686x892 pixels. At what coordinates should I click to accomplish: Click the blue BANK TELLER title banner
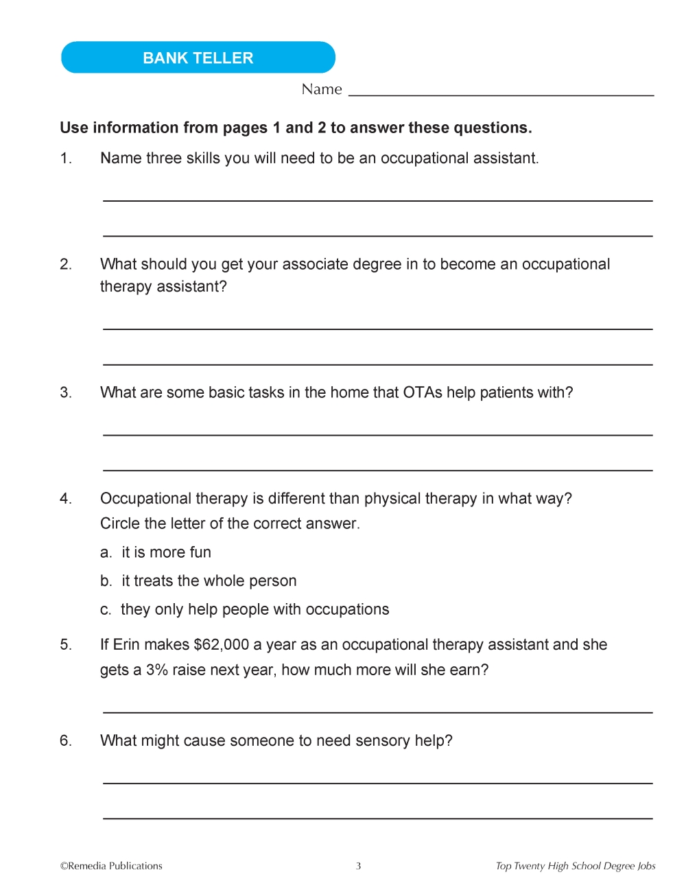[x=198, y=58]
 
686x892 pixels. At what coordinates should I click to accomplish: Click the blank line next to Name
[x=501, y=93]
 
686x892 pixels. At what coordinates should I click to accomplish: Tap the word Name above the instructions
[x=322, y=89]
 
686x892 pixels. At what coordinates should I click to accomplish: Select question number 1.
[x=66, y=159]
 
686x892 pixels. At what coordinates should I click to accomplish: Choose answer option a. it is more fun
[x=156, y=552]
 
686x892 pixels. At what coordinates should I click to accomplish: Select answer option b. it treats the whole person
[x=198, y=581]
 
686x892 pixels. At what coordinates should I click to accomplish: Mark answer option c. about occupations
[x=245, y=610]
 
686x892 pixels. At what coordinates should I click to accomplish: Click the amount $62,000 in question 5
[x=222, y=645]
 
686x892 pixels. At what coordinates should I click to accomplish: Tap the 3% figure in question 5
[x=156, y=670]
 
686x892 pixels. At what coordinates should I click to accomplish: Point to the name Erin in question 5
[x=126, y=645]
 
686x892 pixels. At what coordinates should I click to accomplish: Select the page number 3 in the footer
[x=358, y=866]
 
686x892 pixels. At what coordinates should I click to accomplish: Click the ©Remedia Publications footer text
[x=111, y=866]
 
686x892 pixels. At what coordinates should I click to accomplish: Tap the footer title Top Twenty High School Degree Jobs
[x=576, y=866]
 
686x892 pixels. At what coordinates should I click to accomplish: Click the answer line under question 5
[x=377, y=712]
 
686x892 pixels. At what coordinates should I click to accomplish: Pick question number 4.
[x=66, y=499]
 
